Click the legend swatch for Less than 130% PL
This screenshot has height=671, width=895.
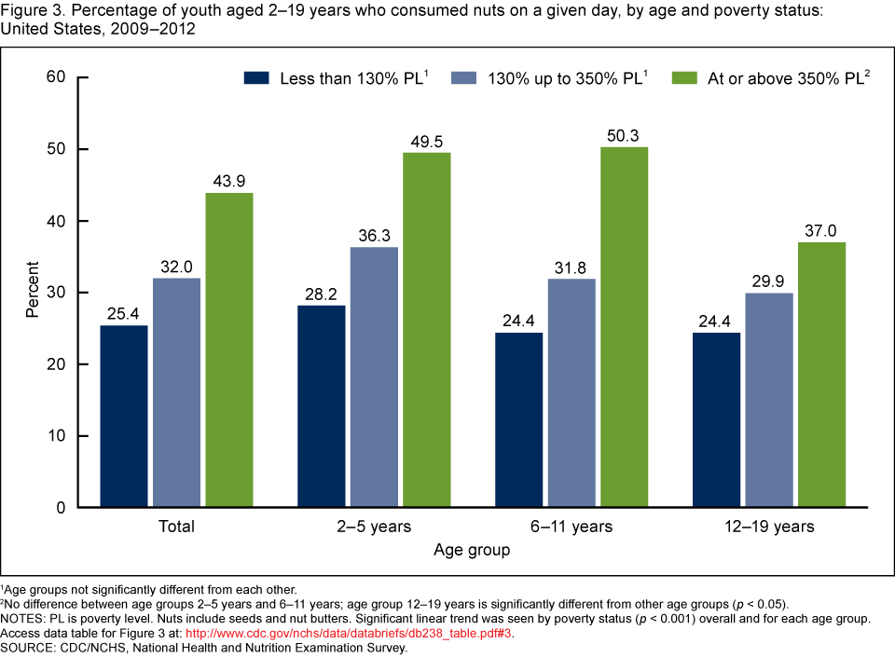tap(256, 79)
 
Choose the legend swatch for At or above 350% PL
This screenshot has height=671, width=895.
tap(684, 79)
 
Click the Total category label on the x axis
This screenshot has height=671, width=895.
tap(176, 527)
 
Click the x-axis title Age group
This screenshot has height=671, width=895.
tap(472, 551)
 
